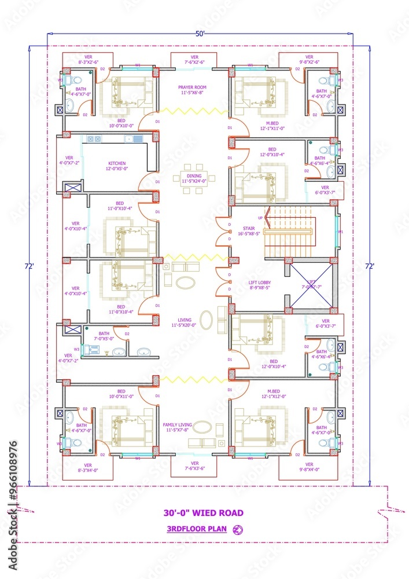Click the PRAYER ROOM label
(192, 90)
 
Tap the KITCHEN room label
(117, 166)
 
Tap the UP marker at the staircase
(260, 218)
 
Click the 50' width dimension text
(200, 34)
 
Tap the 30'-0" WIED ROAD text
(204, 512)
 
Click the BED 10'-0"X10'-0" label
(121, 122)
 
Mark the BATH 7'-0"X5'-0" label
(104, 336)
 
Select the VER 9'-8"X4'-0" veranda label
(309, 467)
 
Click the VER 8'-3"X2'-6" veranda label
(88, 59)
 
